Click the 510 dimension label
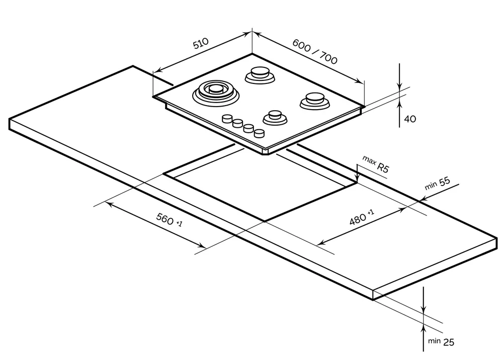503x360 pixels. [202, 44]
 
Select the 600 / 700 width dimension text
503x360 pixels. [315, 51]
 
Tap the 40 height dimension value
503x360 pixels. [410, 119]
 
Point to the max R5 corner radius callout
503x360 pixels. [376, 164]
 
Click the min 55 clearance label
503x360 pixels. [437, 184]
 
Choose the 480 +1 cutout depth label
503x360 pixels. [361, 218]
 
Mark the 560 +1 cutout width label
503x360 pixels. [169, 220]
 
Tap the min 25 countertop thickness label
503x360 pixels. [441, 342]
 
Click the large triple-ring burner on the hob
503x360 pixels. [216, 92]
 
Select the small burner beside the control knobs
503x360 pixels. [275, 118]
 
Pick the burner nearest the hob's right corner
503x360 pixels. [314, 100]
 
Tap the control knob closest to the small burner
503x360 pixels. [259, 133]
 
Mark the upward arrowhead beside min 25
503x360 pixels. [424, 328]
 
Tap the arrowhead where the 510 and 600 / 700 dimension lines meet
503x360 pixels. [251, 33]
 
